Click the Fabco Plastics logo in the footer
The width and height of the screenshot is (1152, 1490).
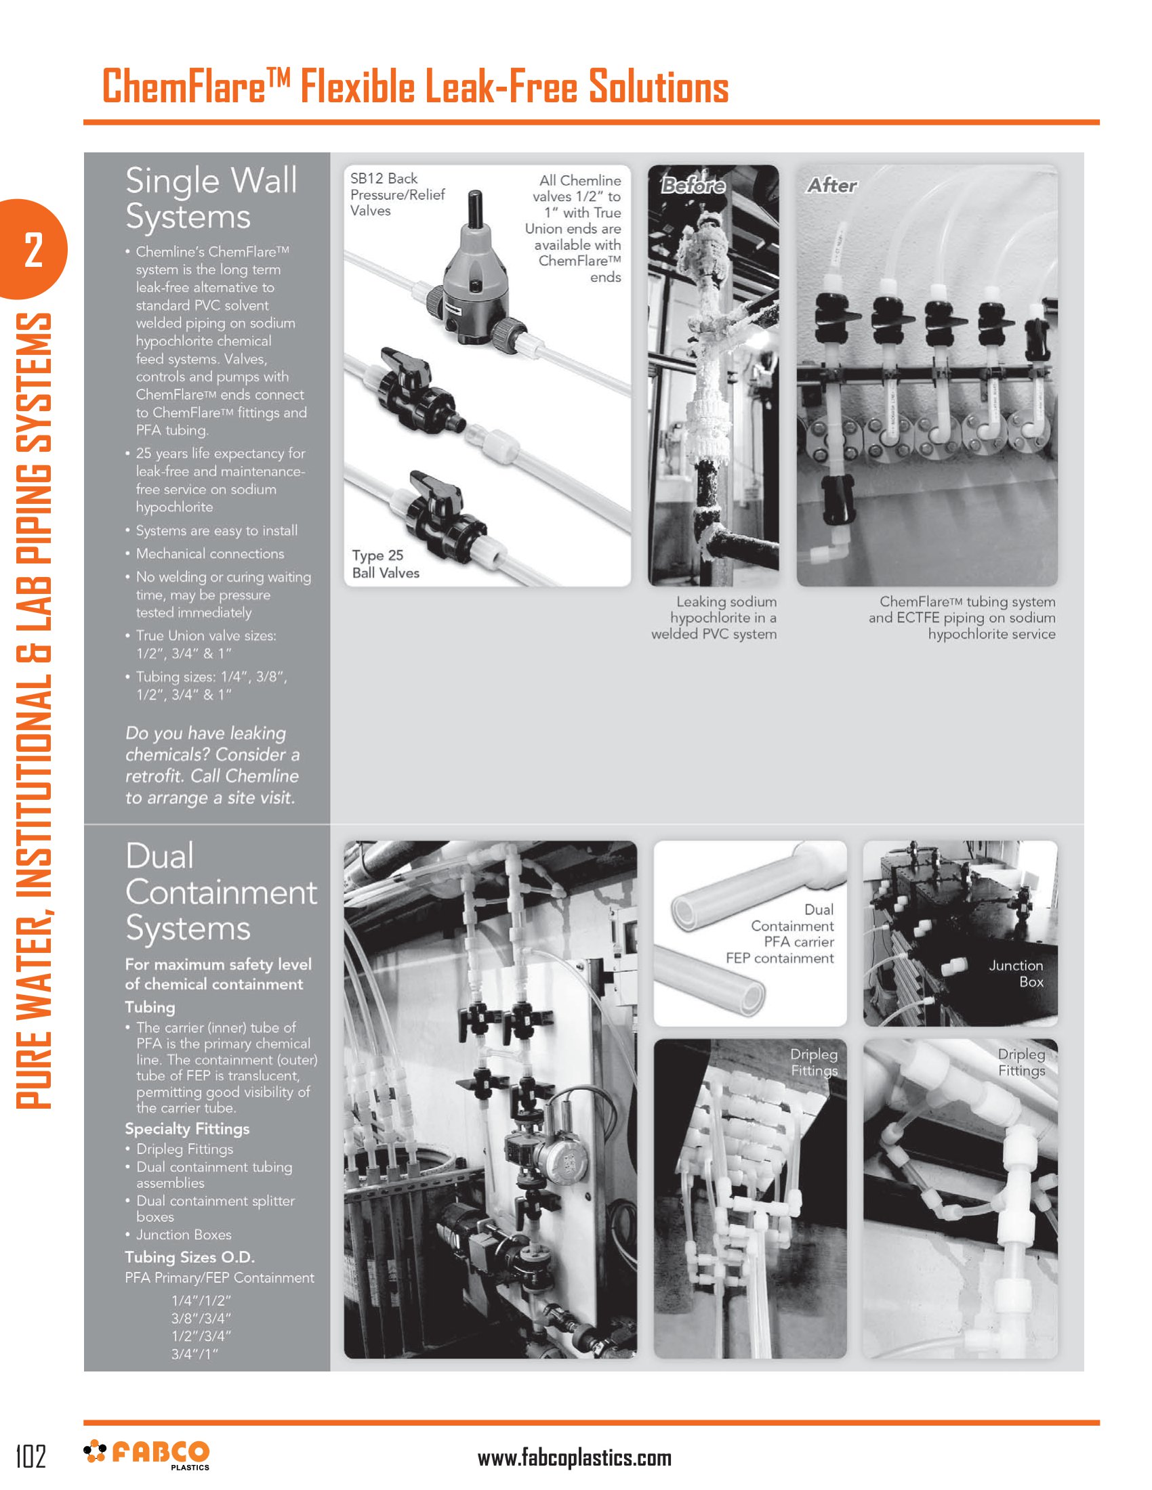click(x=146, y=1455)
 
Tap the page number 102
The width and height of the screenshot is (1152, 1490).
click(x=30, y=1455)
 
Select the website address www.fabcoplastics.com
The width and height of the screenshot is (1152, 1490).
click(x=574, y=1457)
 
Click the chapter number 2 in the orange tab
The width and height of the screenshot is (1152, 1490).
click(x=33, y=250)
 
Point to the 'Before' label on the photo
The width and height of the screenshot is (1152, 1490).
click(x=693, y=185)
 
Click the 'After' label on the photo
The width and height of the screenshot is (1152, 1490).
click(x=831, y=185)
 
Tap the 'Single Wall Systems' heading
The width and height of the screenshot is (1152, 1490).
click(x=211, y=198)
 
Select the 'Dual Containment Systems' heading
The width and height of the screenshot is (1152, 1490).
click(x=221, y=892)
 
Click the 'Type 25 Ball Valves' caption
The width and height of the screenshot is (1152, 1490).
click(x=386, y=564)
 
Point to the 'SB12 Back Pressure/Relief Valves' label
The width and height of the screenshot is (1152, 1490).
click(x=397, y=194)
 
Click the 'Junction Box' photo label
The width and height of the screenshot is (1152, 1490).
click(x=1016, y=973)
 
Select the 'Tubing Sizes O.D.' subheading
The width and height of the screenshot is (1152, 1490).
click(x=190, y=1256)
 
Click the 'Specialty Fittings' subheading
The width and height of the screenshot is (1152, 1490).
click(x=187, y=1128)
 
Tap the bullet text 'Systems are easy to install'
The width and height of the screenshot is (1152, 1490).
click(x=216, y=530)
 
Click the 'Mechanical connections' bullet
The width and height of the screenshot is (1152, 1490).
click(x=209, y=553)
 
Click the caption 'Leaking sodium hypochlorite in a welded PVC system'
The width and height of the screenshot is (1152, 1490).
click(x=714, y=618)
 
